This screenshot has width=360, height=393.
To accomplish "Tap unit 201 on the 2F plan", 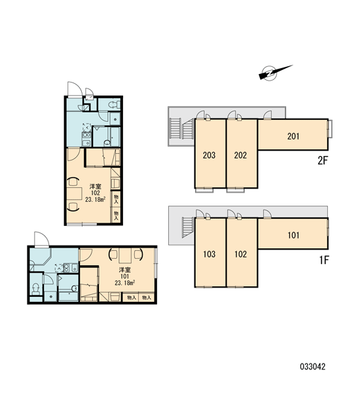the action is [x=293, y=134].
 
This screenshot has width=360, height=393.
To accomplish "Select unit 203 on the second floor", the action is [x=210, y=154].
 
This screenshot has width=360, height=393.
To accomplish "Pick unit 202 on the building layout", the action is [x=242, y=154].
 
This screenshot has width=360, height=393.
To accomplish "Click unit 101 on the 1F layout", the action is [x=293, y=234].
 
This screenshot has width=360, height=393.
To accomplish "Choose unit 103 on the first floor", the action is [x=210, y=253].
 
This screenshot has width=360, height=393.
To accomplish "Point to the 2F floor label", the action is [x=323, y=160].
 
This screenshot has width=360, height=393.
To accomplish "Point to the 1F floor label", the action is [x=323, y=260].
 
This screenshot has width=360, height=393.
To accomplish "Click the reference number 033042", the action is [x=313, y=367].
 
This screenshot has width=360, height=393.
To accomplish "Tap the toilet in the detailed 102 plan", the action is [x=114, y=105].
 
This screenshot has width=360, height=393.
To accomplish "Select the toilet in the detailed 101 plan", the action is [x=36, y=289].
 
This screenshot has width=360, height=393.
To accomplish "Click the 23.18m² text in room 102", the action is [x=95, y=200].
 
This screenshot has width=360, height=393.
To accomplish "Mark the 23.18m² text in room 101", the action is [x=124, y=283].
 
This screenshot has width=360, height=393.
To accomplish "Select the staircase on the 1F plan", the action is [x=188, y=227].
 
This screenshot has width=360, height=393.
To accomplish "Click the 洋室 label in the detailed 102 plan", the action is [x=96, y=187].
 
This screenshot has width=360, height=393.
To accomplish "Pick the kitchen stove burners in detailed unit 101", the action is [x=67, y=268].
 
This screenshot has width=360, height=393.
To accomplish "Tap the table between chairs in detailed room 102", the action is [x=75, y=193].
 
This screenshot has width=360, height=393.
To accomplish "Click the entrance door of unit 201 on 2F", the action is [x=268, y=115].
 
